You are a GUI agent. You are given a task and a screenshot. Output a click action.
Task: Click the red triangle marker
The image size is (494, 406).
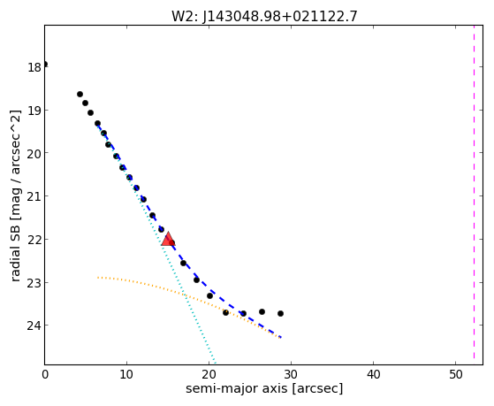click(168, 239)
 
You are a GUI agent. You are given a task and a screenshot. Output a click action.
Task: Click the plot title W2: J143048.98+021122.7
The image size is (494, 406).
click(264, 17)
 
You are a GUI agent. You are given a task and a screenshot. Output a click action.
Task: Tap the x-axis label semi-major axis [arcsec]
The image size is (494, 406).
click(264, 388)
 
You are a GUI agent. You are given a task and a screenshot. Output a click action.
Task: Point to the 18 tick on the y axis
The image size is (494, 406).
click(34, 67)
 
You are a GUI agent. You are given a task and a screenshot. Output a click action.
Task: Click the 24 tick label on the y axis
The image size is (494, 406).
click(34, 326)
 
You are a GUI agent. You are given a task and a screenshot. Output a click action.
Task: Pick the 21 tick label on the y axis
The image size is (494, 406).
click(34, 196)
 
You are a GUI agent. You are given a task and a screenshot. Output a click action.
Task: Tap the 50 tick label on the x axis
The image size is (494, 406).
click(455, 374)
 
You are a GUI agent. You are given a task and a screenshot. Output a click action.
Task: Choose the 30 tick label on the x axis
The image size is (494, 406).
click(291, 374)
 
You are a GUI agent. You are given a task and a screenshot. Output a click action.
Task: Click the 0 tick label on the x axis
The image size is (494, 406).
click(45, 374)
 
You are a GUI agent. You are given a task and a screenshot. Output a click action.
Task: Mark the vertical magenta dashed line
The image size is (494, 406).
click(474, 195)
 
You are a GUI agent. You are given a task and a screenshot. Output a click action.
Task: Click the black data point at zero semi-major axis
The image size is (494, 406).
click(45, 65)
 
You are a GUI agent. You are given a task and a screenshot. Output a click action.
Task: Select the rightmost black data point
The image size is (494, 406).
click(280, 314)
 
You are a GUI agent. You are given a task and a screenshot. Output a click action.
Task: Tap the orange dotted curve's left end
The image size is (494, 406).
click(98, 278)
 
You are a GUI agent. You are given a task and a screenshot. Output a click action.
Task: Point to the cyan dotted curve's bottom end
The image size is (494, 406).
click(215, 363)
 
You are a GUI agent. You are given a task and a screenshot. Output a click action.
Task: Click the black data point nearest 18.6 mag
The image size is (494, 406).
click(80, 94)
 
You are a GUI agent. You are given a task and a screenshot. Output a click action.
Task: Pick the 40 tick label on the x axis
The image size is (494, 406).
click(373, 374)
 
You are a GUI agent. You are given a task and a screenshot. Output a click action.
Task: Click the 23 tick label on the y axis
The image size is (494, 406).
click(34, 282)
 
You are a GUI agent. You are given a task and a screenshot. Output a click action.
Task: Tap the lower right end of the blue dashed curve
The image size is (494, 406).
click(280, 338)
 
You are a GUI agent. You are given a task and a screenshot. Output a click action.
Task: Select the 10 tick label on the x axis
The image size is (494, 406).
click(126, 374)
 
